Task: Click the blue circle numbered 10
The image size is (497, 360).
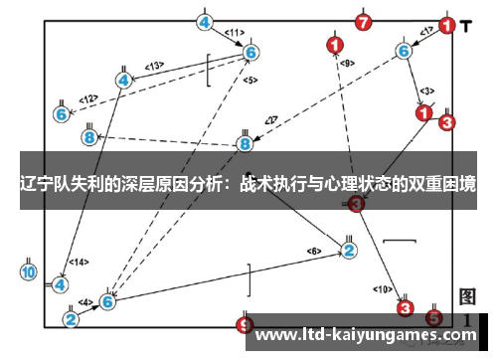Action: click(28, 271)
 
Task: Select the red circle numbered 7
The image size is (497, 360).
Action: click(364, 21)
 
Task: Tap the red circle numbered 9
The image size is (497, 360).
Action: click(246, 324)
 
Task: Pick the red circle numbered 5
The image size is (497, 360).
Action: click(433, 318)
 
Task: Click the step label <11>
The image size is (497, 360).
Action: click(235, 32)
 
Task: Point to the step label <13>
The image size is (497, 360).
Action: click(154, 66)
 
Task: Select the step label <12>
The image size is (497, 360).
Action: click(88, 98)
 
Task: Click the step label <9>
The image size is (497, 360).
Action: click(346, 63)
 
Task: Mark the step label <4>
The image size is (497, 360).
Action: click(86, 301)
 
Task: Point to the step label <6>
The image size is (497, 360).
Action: click(314, 250)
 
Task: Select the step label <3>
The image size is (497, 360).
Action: click(425, 90)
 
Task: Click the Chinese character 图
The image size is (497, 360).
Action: click(469, 296)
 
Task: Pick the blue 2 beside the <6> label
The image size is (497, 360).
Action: click(348, 250)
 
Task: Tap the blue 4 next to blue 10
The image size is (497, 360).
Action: click(61, 283)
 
